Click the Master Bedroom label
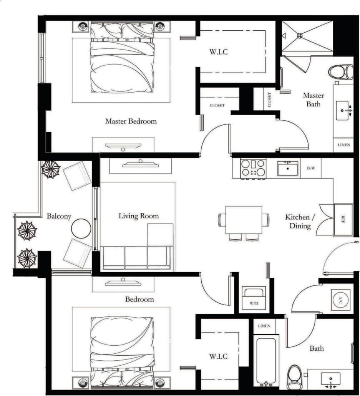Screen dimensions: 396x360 point(131,121)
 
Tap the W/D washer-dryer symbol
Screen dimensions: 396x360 point(254,299)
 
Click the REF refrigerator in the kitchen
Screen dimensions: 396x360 point(343,220)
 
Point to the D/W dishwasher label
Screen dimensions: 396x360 point(310,168)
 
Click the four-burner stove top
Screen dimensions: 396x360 point(253,168)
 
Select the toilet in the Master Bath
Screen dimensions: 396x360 point(342,71)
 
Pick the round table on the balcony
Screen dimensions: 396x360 point(81,229)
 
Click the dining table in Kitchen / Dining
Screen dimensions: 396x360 point(244,220)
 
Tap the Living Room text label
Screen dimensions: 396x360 point(138,216)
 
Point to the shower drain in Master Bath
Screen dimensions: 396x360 point(300,35)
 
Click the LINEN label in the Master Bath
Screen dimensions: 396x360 point(343,145)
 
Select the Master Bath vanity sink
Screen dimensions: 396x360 point(343,110)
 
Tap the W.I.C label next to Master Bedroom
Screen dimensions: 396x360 point(219,52)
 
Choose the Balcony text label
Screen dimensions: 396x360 point(59,216)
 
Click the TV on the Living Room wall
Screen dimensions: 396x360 point(140,164)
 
